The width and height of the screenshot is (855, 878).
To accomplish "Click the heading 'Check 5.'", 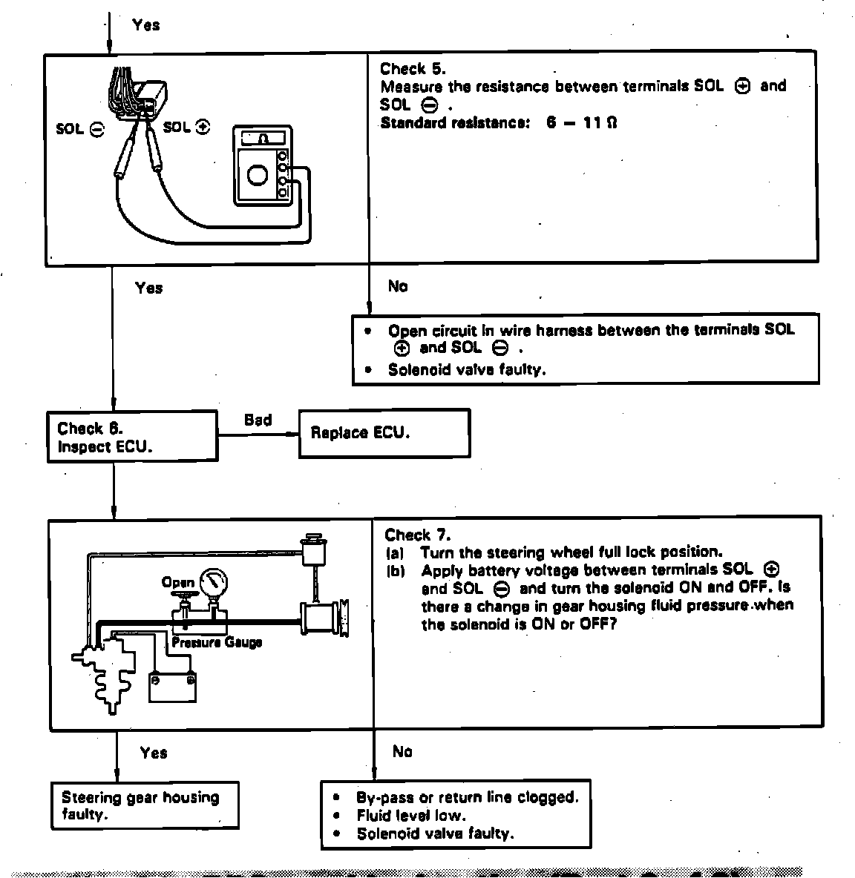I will click(413, 69).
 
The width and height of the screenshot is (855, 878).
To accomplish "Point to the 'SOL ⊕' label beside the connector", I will click(186, 127).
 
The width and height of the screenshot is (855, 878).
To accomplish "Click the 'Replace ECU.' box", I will click(384, 433).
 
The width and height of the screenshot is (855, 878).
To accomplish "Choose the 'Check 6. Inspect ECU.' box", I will click(132, 438).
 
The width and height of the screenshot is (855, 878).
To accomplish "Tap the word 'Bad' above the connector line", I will click(258, 420).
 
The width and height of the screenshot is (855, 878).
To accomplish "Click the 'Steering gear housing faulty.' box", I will click(145, 805).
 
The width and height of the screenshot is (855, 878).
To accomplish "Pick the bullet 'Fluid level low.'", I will click(411, 816).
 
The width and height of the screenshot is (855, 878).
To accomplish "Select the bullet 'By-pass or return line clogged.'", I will click(467, 798).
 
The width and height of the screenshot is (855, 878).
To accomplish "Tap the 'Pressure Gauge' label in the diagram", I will click(216, 642).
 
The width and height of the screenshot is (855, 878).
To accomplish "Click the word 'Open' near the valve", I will click(177, 583).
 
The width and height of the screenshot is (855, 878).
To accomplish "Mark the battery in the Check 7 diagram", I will click(172, 687).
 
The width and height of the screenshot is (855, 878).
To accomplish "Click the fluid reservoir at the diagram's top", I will click(312, 548).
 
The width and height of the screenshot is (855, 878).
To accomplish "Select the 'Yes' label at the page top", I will click(145, 24).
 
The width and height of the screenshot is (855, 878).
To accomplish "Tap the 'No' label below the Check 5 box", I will click(398, 286).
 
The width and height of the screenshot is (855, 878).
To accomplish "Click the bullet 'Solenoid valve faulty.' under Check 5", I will click(467, 369).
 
